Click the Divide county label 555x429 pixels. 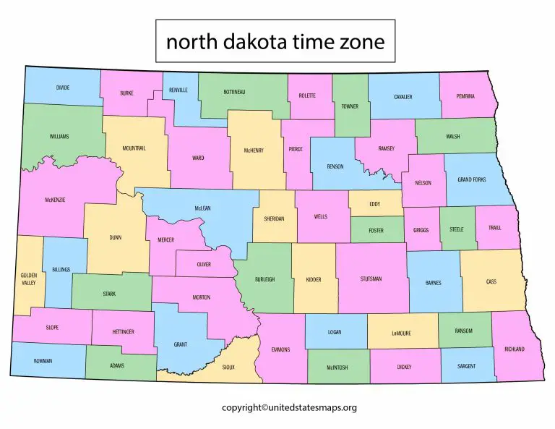63,88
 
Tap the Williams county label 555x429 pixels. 59,136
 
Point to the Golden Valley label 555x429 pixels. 28,279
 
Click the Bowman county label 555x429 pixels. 43,361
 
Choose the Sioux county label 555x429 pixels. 228,368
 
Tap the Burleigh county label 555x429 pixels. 264,279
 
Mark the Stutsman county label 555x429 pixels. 371,279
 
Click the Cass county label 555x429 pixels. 491,282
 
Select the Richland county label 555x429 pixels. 515,349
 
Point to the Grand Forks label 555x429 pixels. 471,179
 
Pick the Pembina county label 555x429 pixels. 466,95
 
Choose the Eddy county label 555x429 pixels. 374,204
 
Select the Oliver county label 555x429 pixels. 204,264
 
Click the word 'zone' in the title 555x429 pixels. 361,42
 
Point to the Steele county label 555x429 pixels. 456,229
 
